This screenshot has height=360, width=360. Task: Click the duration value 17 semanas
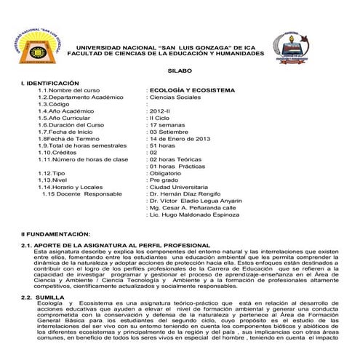[x=168, y=124]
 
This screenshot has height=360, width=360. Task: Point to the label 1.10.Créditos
[x=59, y=152]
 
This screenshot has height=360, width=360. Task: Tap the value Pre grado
[x=164, y=180]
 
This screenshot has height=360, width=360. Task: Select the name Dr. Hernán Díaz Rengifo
[x=184, y=195]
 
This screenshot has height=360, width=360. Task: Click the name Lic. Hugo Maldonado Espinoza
[x=192, y=216]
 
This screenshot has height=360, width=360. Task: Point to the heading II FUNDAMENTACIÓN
[x=56, y=233]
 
